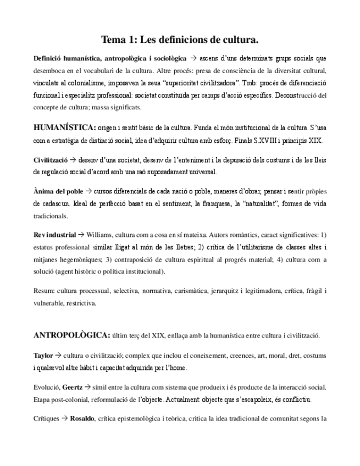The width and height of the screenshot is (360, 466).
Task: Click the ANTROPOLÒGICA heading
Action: (x=71, y=334)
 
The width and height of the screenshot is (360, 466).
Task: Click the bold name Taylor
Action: (x=43, y=356)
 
